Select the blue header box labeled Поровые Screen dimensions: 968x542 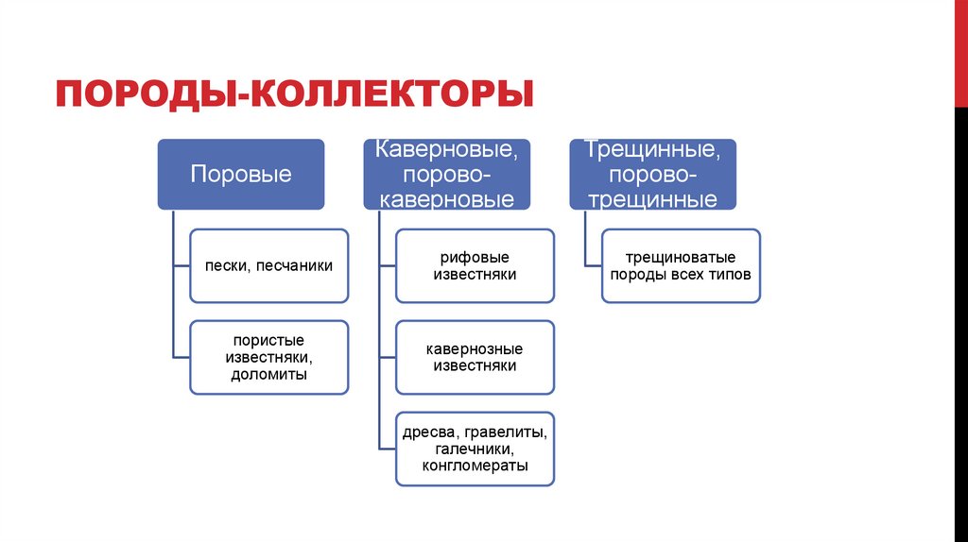click(241, 175)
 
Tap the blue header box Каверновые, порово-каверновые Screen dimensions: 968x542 click(446, 175)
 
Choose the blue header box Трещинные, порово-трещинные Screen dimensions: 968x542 click(652, 175)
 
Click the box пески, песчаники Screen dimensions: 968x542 click(268, 266)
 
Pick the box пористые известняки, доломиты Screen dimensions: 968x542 click(268, 357)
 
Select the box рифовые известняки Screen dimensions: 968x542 click(475, 266)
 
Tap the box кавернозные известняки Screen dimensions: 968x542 click(475, 357)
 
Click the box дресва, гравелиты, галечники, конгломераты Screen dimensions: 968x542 click(475, 449)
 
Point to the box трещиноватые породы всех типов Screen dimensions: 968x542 click(681, 266)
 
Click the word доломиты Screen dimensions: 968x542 click(268, 375)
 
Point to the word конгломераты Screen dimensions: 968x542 click(475, 466)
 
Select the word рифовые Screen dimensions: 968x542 click(475, 258)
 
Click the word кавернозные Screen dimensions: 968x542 click(475, 348)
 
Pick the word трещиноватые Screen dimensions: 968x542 click(681, 258)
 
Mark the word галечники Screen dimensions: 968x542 click(474, 449)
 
